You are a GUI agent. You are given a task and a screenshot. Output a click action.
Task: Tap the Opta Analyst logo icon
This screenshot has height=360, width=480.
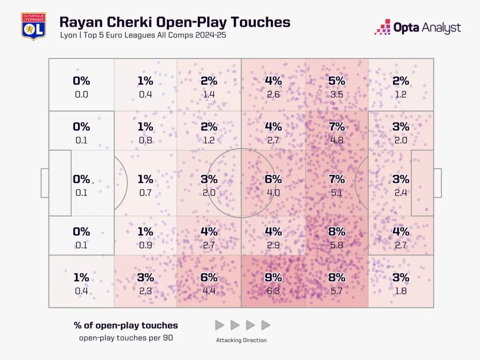[382, 28]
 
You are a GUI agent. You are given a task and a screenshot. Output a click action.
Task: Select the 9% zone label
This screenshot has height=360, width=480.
[273, 277]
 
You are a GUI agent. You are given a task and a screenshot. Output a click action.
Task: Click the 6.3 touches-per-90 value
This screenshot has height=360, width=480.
[273, 291]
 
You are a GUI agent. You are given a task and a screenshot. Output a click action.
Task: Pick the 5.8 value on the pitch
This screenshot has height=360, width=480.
[337, 245]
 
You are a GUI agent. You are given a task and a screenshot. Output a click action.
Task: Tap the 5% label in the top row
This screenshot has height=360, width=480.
[337, 81]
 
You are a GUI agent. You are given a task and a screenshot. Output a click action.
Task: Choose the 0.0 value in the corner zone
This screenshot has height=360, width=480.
[81, 94]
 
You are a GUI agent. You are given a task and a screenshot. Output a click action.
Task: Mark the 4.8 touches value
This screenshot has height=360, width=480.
[337, 140]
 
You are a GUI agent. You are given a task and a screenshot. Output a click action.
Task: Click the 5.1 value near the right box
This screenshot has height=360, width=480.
[337, 192]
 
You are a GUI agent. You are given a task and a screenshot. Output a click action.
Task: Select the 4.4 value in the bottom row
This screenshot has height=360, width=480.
[209, 291]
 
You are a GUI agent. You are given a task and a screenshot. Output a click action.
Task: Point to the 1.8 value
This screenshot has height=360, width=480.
[400, 291]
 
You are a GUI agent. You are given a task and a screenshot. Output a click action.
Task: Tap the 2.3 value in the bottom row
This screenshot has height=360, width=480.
[145, 291]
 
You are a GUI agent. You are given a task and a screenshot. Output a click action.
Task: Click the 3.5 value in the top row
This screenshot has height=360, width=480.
[337, 94]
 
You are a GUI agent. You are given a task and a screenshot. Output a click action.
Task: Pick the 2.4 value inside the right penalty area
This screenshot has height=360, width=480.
[400, 192]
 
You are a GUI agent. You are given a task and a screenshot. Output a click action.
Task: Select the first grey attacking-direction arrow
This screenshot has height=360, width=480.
[219, 325]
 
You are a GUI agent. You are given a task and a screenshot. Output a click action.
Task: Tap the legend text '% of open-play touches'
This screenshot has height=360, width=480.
[126, 325]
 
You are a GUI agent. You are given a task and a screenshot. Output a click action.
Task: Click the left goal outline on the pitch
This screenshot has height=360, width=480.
[45, 183]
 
